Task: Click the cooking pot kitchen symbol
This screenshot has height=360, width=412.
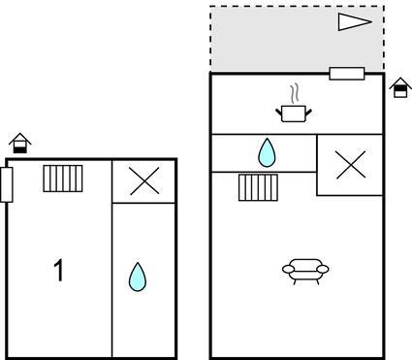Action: pyautogui.click(x=294, y=114)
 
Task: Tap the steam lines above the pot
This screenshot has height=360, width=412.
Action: pyautogui.click(x=294, y=92)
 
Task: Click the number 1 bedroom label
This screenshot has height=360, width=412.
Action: pyautogui.click(x=59, y=271)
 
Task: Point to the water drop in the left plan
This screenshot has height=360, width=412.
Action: pyautogui.click(x=138, y=277)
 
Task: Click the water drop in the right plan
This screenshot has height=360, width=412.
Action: pyautogui.click(x=267, y=152)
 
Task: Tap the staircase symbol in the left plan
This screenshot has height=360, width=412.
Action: pyautogui.click(x=63, y=179)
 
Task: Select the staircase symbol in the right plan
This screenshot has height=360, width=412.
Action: pyautogui.click(x=258, y=187)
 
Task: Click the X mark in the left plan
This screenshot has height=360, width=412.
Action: pyautogui.click(x=144, y=180)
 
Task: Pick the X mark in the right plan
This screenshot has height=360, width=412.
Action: pyautogui.click(x=351, y=165)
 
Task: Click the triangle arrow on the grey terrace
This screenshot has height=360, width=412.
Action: pyautogui.click(x=355, y=22)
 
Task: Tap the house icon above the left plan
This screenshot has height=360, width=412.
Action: pyautogui.click(x=20, y=143)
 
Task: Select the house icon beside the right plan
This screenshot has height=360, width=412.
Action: pyautogui.click(x=400, y=87)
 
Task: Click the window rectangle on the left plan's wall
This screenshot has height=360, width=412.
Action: pyautogui.click(x=7, y=184)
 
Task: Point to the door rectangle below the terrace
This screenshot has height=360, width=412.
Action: pyautogui.click(x=347, y=74)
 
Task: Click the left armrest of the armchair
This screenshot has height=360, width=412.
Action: pyautogui.click(x=289, y=269)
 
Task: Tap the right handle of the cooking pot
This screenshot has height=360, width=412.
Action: pyautogui.click(x=309, y=113)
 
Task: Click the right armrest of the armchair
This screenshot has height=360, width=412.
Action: pyautogui.click(x=323, y=269)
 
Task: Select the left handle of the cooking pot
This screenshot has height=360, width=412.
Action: pyautogui.click(x=279, y=113)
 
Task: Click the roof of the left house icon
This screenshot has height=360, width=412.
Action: pyautogui.click(x=20, y=138)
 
